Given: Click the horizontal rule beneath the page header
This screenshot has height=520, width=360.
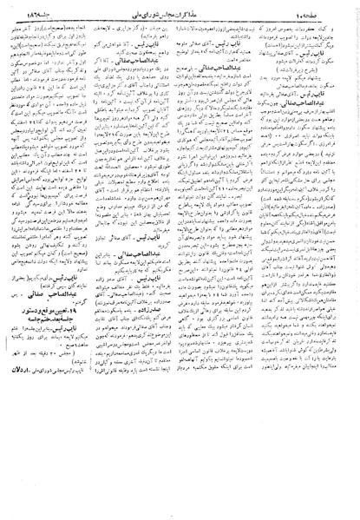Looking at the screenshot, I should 180,17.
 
